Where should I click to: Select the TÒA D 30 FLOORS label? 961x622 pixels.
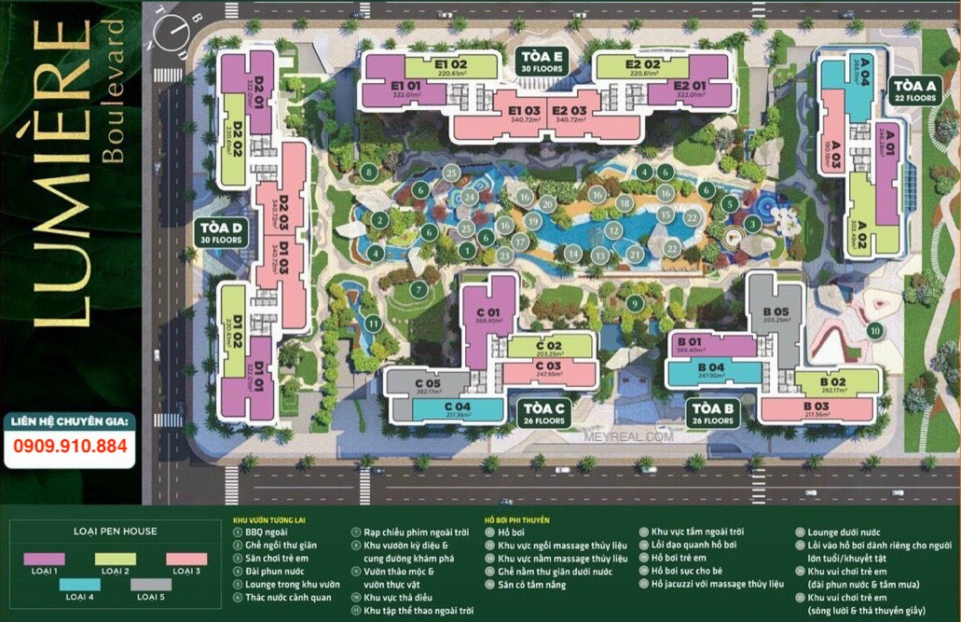point(220,232)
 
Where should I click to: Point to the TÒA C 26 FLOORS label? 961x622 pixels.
point(544,413)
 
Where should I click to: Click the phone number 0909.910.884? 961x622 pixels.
point(71,446)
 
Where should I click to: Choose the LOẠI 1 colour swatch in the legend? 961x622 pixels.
point(44,558)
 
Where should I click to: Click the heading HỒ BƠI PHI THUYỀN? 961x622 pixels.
point(517,519)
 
